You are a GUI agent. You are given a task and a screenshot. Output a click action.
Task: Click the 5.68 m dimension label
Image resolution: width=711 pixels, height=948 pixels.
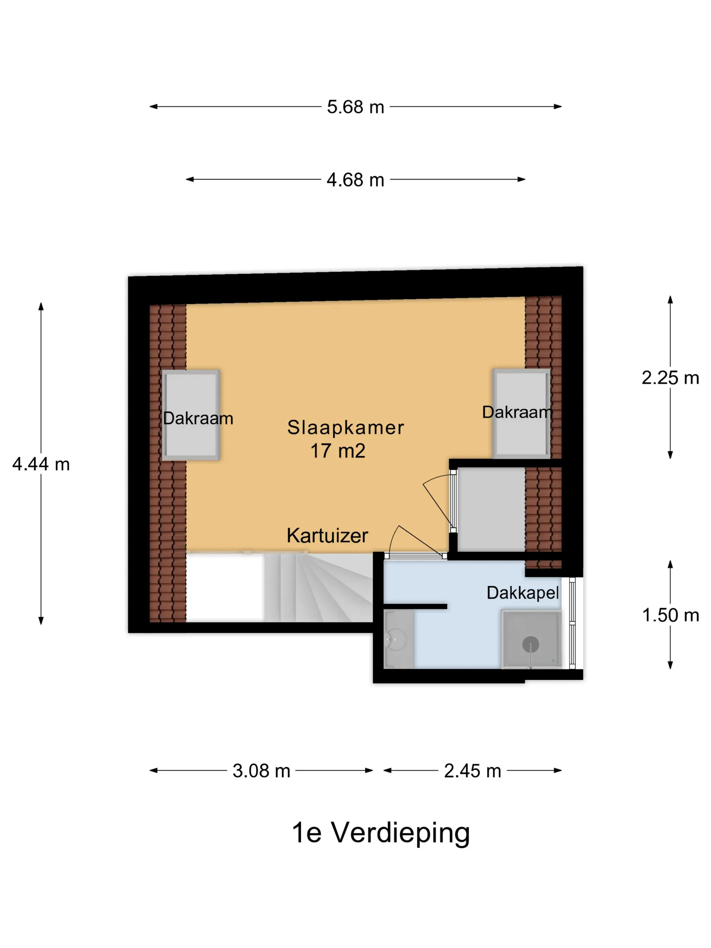pyautogui.click(x=355, y=107)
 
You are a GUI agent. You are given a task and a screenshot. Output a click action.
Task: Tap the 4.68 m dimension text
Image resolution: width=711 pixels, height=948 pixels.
pyautogui.click(x=355, y=180)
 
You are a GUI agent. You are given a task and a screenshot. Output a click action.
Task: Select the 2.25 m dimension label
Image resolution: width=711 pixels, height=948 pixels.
pyautogui.click(x=670, y=378)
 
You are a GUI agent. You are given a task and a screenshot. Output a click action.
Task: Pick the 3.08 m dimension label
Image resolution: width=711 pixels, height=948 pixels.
pyautogui.click(x=261, y=771)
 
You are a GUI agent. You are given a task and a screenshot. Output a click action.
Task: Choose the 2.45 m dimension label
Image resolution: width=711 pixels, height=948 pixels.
pyautogui.click(x=473, y=771)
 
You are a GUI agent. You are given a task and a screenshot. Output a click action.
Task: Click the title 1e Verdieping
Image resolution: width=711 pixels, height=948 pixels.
pyautogui.click(x=381, y=833)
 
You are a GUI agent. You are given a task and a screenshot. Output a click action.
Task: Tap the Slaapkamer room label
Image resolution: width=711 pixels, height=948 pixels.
pyautogui.click(x=345, y=427)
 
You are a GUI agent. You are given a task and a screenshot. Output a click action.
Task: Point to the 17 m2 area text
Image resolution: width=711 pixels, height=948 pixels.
pyautogui.click(x=338, y=451)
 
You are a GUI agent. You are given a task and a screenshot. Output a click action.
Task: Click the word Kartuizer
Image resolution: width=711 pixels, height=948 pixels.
pyautogui.click(x=327, y=535)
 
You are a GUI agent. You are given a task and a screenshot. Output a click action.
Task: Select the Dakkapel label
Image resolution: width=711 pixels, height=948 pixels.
pyautogui.click(x=523, y=593)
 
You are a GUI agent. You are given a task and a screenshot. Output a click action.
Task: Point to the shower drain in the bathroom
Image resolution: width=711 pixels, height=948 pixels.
pyautogui.click(x=531, y=644)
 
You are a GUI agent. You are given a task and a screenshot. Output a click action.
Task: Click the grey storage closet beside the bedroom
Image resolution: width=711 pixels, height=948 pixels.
pyautogui.click(x=491, y=510)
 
